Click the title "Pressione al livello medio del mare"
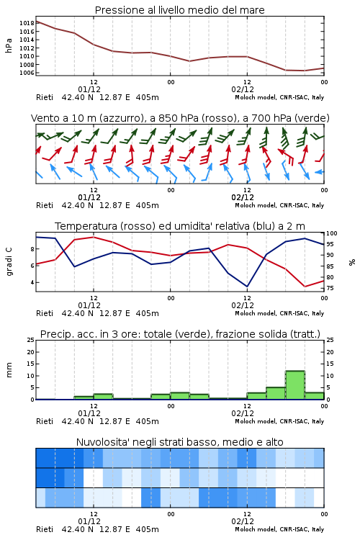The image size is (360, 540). click(180, 10)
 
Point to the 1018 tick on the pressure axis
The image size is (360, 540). click(27, 23)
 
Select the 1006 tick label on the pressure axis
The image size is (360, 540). click(27, 73)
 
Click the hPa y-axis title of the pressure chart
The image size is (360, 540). click(9, 45)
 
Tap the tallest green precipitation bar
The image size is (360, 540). click(295, 384)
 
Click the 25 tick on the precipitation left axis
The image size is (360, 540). click(30, 340)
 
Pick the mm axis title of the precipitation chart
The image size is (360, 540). click(9, 369)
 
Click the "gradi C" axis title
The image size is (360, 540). click(9, 261)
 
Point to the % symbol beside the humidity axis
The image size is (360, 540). click(352, 262)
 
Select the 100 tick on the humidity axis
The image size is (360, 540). click(332, 233)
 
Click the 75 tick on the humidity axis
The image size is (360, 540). click(330, 288)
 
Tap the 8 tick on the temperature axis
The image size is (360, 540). click(32, 249)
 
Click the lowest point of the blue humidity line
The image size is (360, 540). click(247, 287)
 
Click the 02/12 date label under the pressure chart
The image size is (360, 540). click(243, 89)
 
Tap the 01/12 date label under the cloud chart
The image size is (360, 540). click(89, 521)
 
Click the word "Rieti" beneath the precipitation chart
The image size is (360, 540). click(45, 421)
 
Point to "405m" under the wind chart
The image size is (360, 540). click(147, 205)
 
